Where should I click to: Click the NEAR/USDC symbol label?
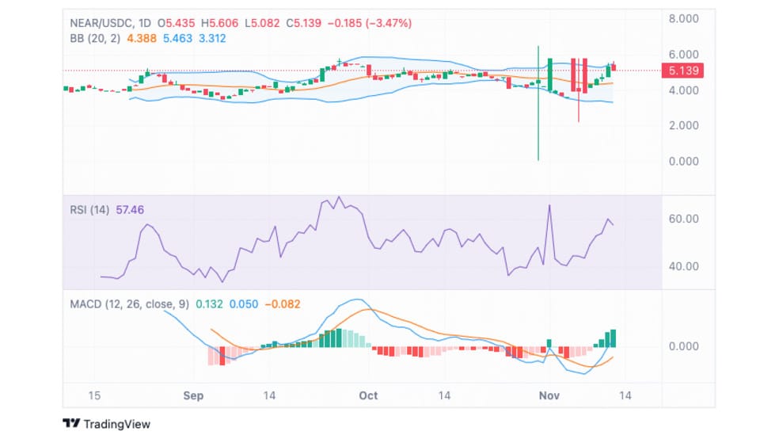point(101,23)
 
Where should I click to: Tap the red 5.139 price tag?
point(682,71)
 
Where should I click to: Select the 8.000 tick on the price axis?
point(684,19)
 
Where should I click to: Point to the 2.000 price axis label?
point(684,125)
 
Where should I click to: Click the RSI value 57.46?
point(130,210)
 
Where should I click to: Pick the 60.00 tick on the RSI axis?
point(684,219)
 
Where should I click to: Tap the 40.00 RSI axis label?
point(684,266)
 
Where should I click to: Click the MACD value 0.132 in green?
point(209,304)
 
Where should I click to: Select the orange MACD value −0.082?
point(282,304)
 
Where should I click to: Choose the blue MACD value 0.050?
point(244,304)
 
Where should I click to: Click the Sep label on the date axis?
point(193,395)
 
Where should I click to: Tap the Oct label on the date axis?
point(368,395)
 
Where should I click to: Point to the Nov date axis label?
point(549,395)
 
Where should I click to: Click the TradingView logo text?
point(116,424)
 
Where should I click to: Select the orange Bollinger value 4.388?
point(142,38)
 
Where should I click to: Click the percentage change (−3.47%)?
point(389,23)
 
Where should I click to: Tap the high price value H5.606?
point(219,23)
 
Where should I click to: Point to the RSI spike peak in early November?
point(549,205)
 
